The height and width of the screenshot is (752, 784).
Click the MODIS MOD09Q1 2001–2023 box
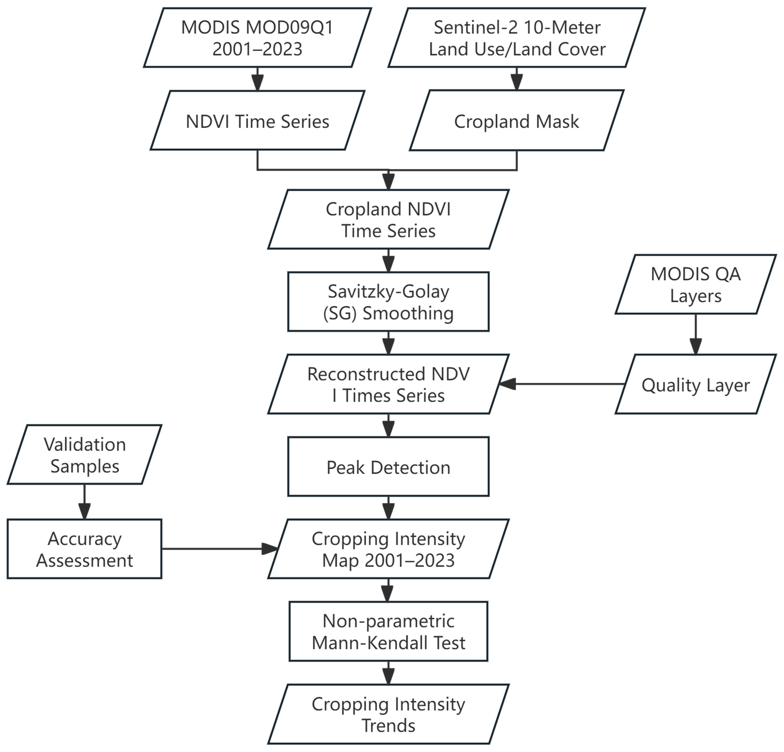coord(257,38)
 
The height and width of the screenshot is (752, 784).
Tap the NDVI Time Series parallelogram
coord(257,121)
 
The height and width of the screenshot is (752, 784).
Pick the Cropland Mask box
coord(516,121)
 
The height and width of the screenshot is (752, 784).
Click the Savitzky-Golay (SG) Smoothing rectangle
coord(388,302)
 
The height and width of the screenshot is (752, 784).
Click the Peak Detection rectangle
coord(388,467)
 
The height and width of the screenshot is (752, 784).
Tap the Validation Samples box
coord(84,455)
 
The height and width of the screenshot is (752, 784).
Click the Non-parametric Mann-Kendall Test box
coord(388,632)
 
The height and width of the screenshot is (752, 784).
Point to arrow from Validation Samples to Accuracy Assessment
coord(84,502)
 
